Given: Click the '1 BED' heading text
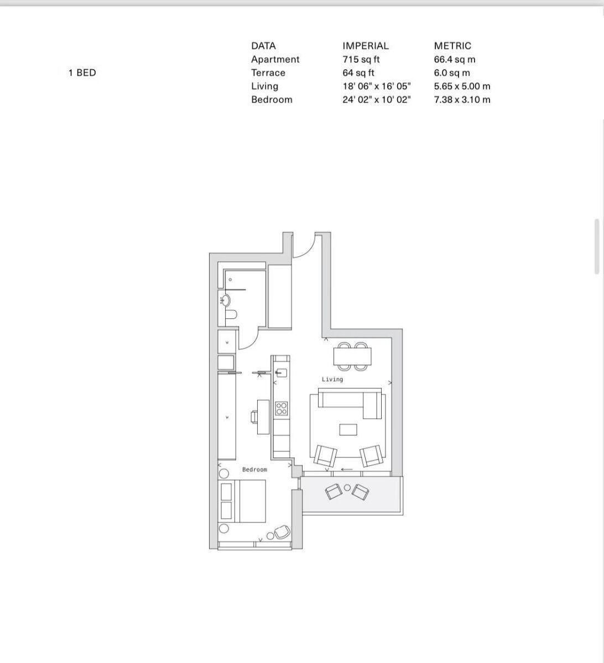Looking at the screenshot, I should [x=82, y=72].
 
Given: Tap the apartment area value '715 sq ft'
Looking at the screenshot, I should [x=361, y=59].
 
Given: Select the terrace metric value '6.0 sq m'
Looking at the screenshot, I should [x=452, y=72].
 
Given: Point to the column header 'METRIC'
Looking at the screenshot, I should [x=452, y=46].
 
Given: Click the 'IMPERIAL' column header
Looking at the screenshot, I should [x=365, y=46].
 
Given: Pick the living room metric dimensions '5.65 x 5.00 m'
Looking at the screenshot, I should [x=462, y=86].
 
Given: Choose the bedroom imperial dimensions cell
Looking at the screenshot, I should [x=376, y=99].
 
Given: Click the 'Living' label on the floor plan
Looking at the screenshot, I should [x=332, y=380].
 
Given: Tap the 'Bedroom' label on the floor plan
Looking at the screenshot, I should [x=254, y=470].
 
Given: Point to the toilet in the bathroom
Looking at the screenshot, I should [x=231, y=314].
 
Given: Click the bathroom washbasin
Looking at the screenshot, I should [x=225, y=301].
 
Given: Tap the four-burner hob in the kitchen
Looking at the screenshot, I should [x=282, y=408].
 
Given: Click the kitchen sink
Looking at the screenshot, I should [x=281, y=372].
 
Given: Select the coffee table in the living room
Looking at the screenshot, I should [x=348, y=429].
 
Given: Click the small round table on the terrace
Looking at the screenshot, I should [x=347, y=488].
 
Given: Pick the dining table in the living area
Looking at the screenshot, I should [x=352, y=356].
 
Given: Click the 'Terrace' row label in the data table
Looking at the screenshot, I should [x=268, y=72].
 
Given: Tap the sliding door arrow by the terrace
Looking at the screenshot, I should [x=347, y=470].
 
